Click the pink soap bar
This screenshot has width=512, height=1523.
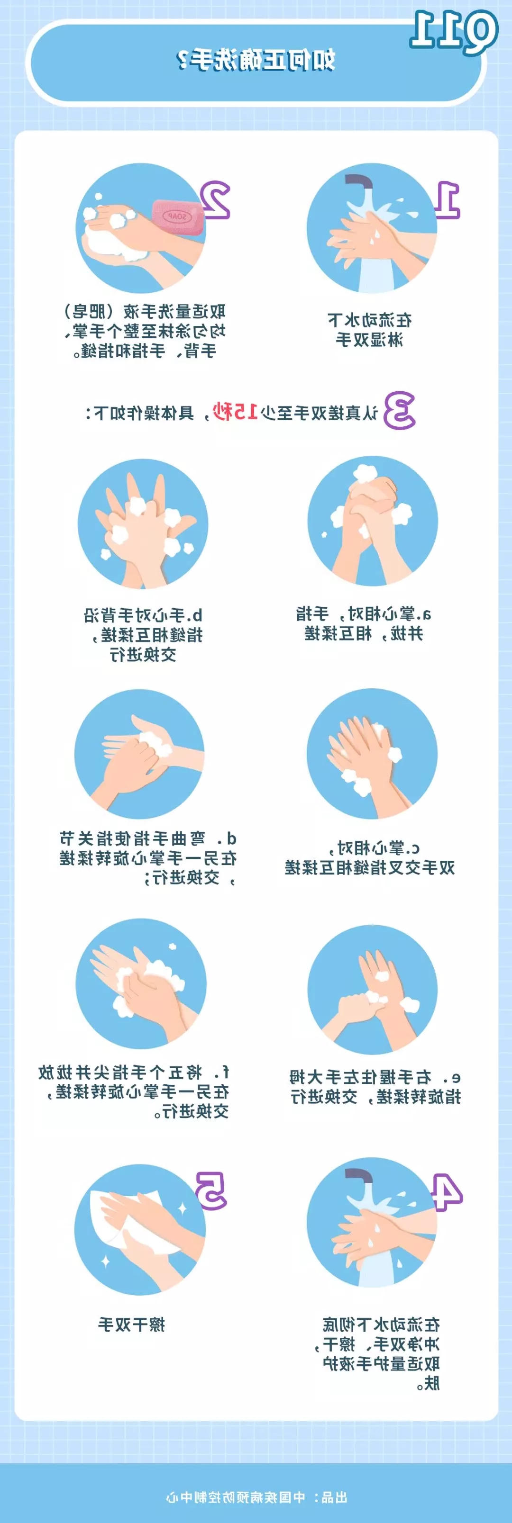178,217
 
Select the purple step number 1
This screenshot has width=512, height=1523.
448,200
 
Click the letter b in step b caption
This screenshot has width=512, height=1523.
198,615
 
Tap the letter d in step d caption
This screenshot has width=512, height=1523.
231,838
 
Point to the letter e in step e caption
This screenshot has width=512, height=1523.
455,1077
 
